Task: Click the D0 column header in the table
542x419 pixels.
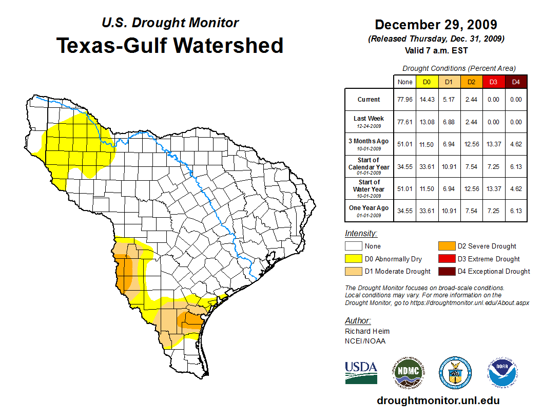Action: [x=427, y=82]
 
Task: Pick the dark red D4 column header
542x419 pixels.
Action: [x=516, y=82]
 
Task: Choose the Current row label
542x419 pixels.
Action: [x=369, y=100]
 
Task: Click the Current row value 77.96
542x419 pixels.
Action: [x=405, y=100]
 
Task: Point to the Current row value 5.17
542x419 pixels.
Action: [x=449, y=100]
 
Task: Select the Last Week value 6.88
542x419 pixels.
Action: [x=449, y=122]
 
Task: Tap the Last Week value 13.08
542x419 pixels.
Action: [x=427, y=122]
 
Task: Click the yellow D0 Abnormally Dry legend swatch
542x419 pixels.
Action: [x=353, y=259]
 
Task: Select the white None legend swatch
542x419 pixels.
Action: [x=353, y=246]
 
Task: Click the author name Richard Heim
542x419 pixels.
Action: [x=367, y=331]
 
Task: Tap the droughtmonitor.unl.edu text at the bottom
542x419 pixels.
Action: [x=438, y=401]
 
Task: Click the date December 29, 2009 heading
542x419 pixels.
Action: [x=436, y=25]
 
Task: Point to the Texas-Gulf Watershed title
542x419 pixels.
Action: [x=170, y=45]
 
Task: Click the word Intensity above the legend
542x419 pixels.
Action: [x=361, y=234]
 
